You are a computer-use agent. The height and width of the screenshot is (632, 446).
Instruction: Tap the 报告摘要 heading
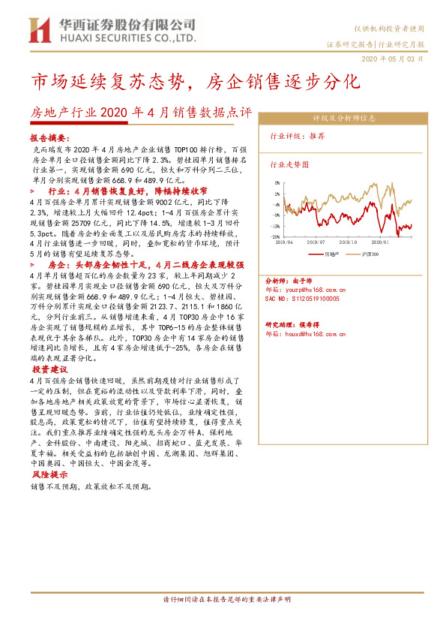[49, 140]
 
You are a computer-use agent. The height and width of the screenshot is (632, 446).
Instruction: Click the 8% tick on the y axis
[277, 182]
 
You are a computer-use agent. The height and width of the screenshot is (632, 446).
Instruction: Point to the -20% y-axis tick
[276, 236]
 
